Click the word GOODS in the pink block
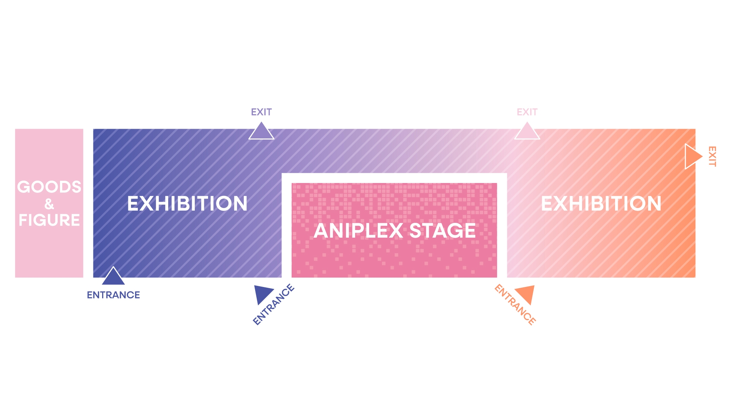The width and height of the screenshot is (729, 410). (x=49, y=187)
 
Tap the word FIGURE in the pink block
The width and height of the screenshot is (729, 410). (x=49, y=220)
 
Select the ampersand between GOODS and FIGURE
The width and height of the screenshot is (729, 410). (x=49, y=204)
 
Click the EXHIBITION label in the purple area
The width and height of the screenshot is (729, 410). (x=187, y=203)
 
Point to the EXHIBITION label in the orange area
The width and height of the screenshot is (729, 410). (x=601, y=203)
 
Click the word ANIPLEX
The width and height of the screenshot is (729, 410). (x=358, y=230)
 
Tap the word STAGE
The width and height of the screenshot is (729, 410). (x=443, y=230)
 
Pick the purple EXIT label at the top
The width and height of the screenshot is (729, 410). (x=261, y=112)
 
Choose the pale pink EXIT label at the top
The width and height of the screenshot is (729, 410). (x=527, y=112)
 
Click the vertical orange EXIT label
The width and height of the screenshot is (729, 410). (x=712, y=156)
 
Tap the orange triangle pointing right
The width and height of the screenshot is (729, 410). (x=692, y=156)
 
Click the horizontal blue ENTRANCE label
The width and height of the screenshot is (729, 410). (x=113, y=295)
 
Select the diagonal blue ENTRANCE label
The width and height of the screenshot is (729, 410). (x=273, y=304)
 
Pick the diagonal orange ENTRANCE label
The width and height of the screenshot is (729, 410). (x=515, y=305)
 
